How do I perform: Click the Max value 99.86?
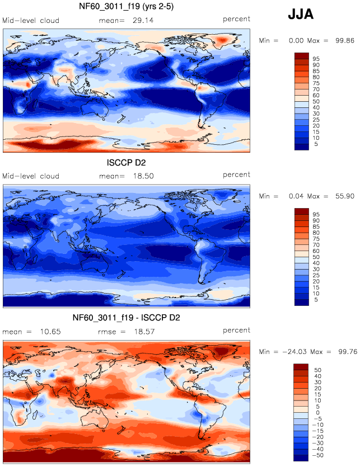tap(345, 41)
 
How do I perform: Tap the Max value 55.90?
tap(345, 197)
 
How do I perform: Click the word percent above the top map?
tap(236, 19)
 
